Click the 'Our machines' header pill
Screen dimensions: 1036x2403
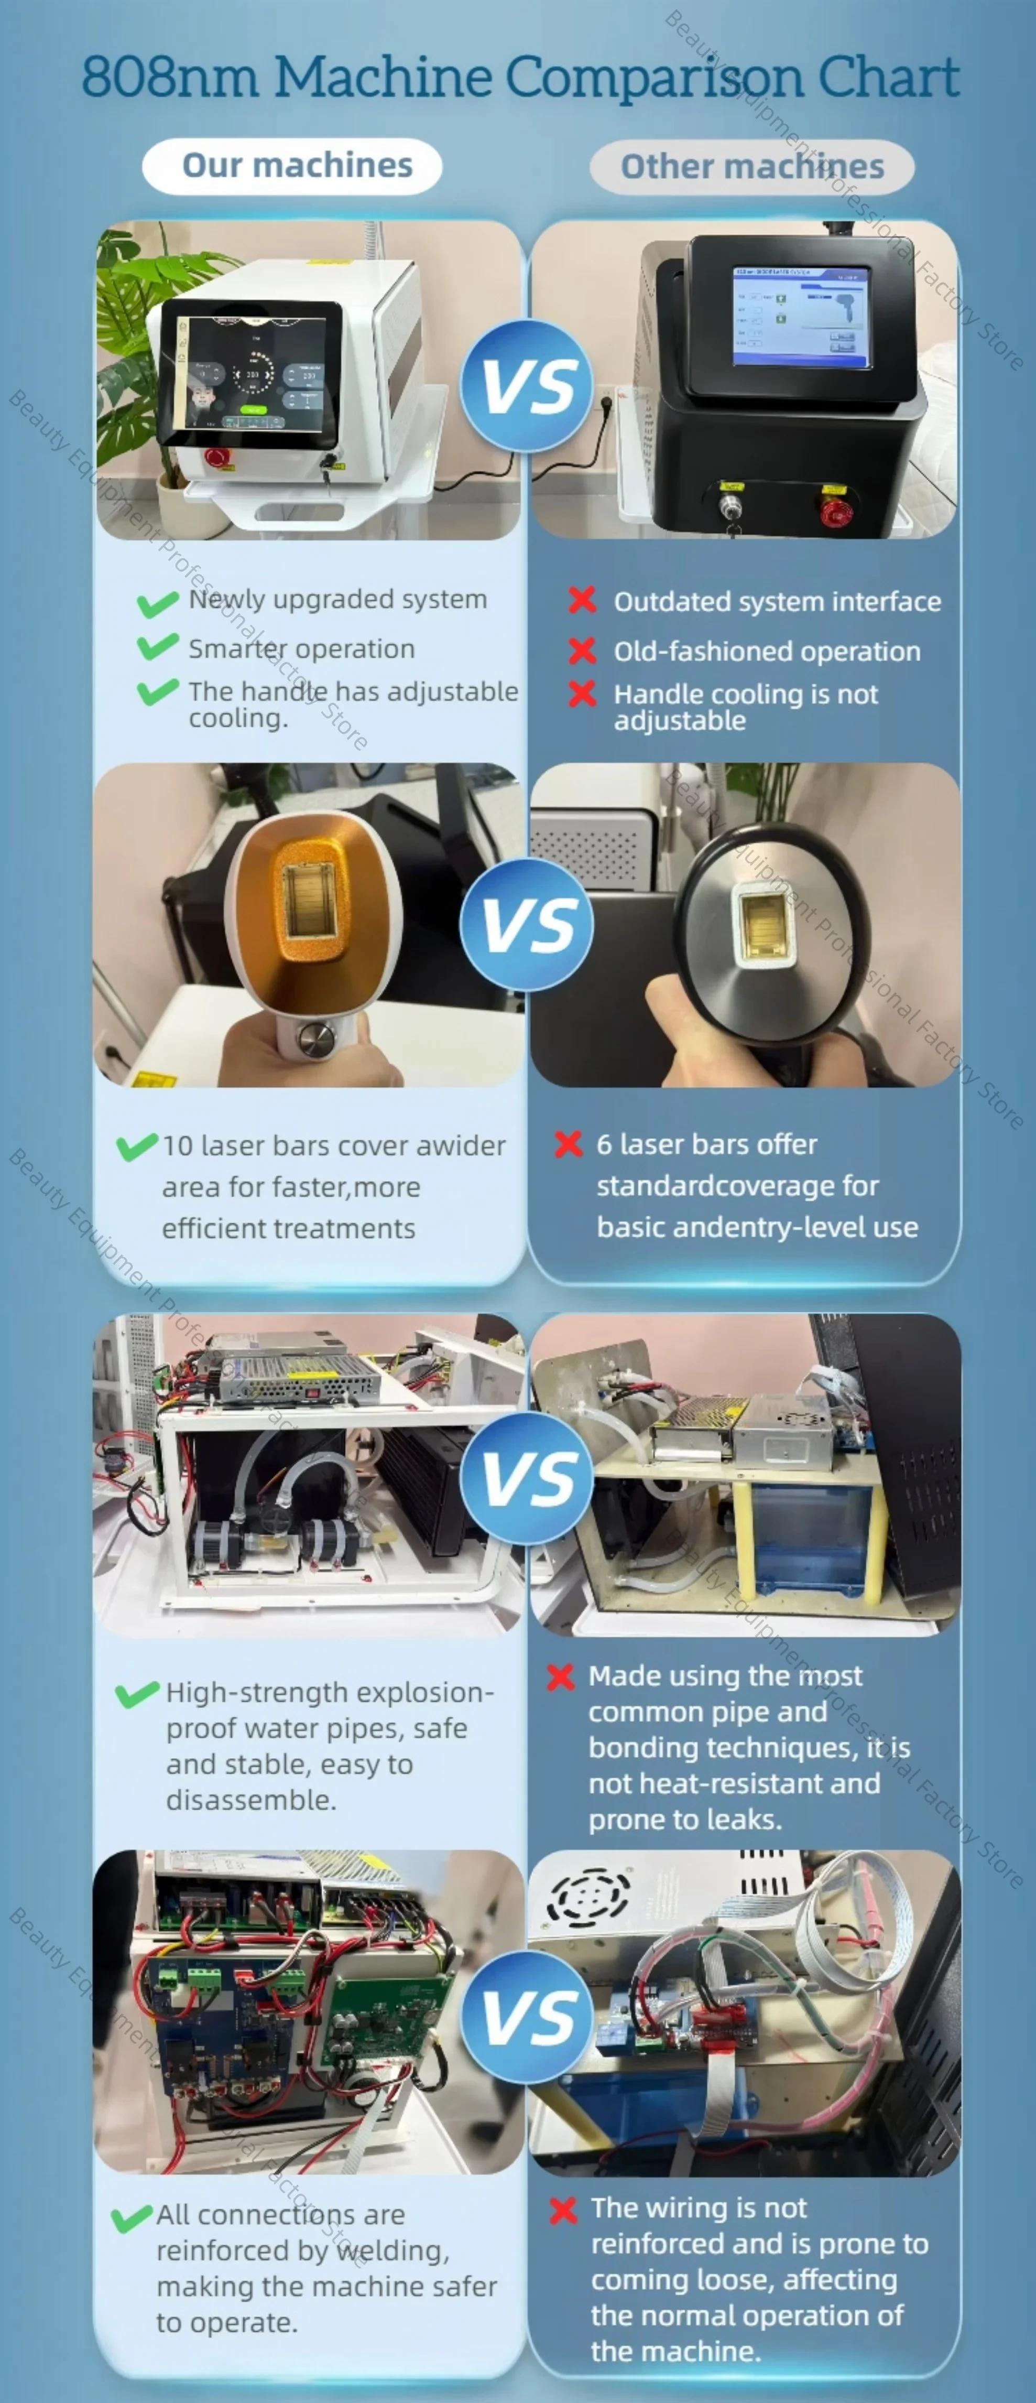click(292, 166)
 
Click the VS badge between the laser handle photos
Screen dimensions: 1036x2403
click(528, 924)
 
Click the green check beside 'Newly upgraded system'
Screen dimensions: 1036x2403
click(158, 603)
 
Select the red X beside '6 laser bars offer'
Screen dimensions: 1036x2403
click(568, 1144)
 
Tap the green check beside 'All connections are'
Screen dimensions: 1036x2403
click(132, 2218)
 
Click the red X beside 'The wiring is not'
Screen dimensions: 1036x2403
click(563, 2210)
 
